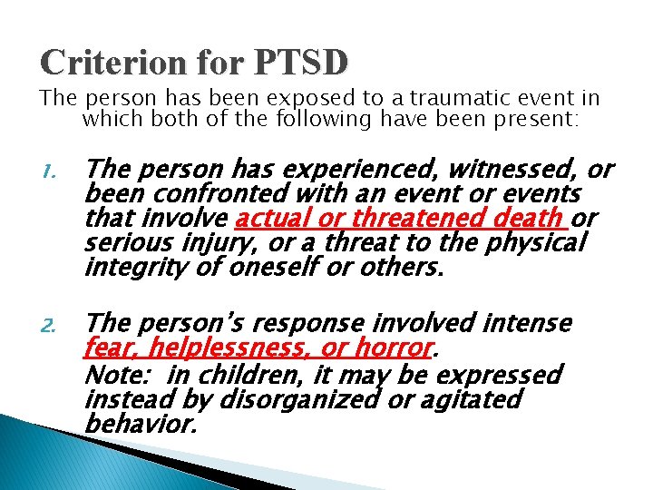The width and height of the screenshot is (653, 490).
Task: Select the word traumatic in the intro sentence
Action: pos(438,98)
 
